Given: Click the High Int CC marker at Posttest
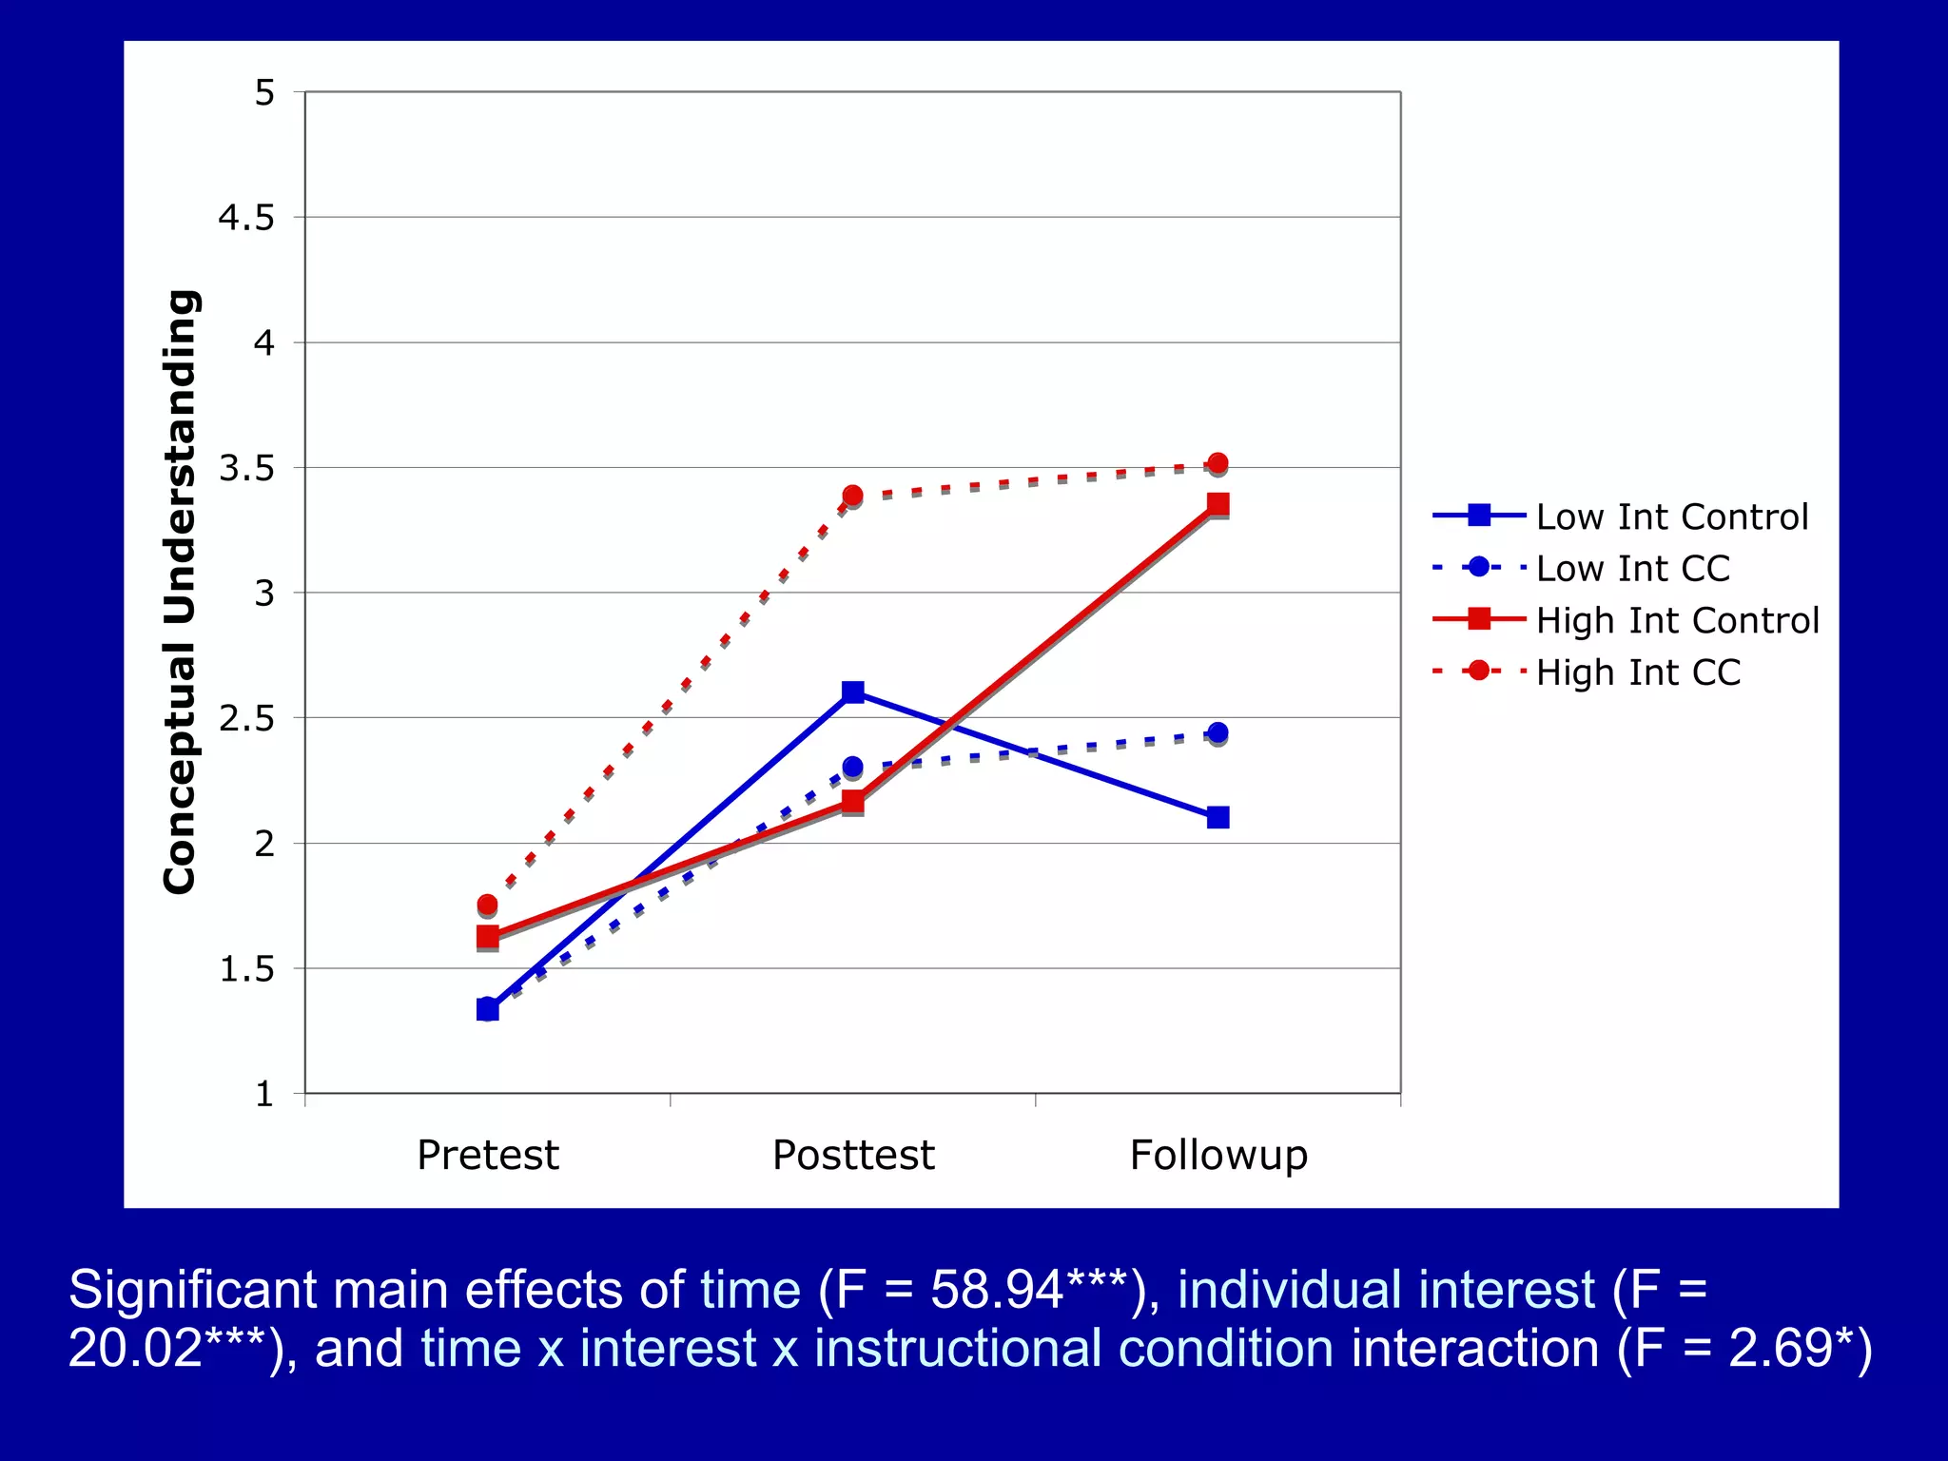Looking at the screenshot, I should [x=852, y=496].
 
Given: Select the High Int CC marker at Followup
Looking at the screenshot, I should [x=1217, y=463].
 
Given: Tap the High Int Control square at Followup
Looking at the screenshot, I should [x=1217, y=503].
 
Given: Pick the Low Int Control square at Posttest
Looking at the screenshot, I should [x=853, y=692].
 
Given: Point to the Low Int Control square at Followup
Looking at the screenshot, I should [x=1217, y=817].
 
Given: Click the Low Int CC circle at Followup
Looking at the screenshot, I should [x=1217, y=732].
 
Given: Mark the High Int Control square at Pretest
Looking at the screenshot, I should [x=487, y=937].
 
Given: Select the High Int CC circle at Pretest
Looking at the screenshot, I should [x=487, y=904].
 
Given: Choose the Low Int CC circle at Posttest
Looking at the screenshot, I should [x=852, y=766].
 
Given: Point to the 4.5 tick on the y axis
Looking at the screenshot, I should [x=246, y=218].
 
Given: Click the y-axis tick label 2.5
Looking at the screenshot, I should [x=246, y=718].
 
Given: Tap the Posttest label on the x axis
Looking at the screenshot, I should [x=853, y=1155].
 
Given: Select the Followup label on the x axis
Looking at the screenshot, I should [x=1218, y=1155].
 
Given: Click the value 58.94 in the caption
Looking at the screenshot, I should [x=996, y=1291].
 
